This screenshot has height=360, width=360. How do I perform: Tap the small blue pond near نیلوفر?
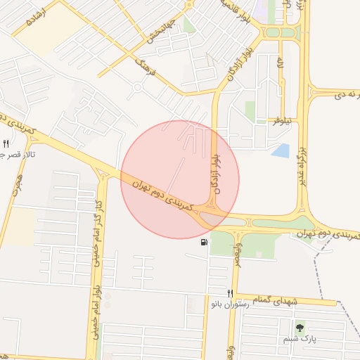pos(281,150)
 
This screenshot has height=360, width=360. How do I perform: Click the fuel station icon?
pos(204,243)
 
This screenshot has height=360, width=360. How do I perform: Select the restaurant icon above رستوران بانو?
pos(230,293)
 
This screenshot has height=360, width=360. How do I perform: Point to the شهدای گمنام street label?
pos(275,301)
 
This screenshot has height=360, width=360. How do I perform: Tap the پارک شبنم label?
pos(300,338)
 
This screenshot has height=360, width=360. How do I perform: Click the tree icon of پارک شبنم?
pos(301,327)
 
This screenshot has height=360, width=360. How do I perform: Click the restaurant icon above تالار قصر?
pos(6,143)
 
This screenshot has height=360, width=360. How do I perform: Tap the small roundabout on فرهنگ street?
pos(137,88)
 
